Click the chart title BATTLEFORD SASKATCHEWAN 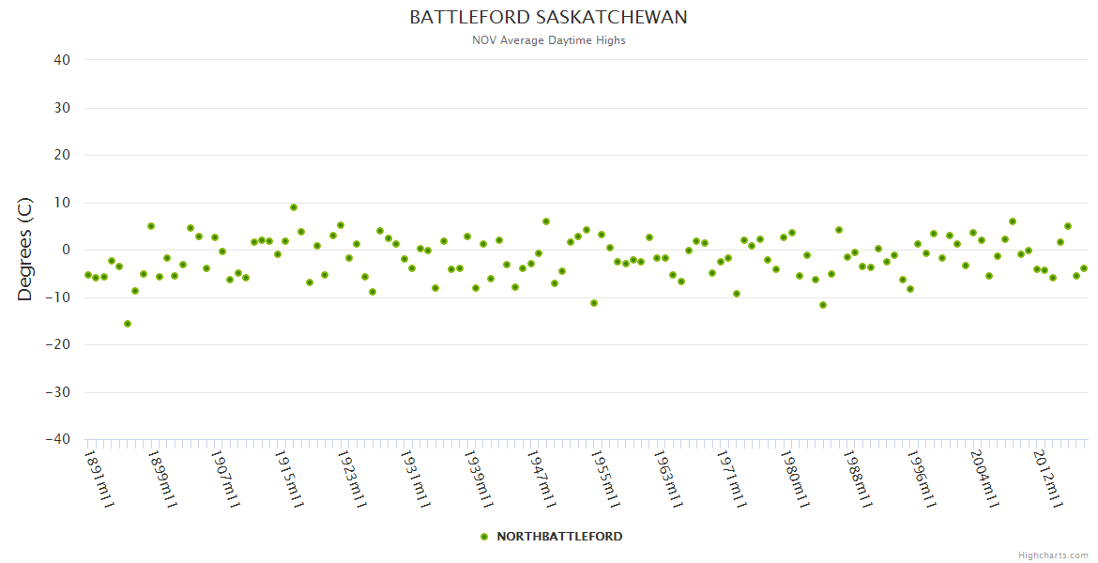(548, 18)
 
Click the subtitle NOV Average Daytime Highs (548, 40)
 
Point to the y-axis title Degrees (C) (25, 250)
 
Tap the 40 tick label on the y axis (62, 60)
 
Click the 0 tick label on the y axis (66, 250)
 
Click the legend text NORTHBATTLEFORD (559, 537)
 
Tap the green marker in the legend (484, 537)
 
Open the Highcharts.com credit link (1053, 555)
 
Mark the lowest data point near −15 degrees (128, 324)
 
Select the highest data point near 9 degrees (294, 207)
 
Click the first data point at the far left (88, 275)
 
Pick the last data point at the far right (1084, 268)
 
